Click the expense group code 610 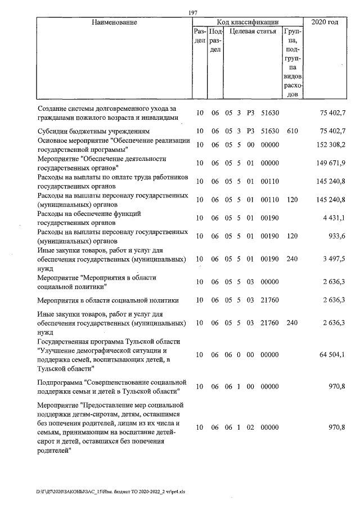point(291,131)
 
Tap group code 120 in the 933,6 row point(291,237)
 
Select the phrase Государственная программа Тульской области point(108,342)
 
